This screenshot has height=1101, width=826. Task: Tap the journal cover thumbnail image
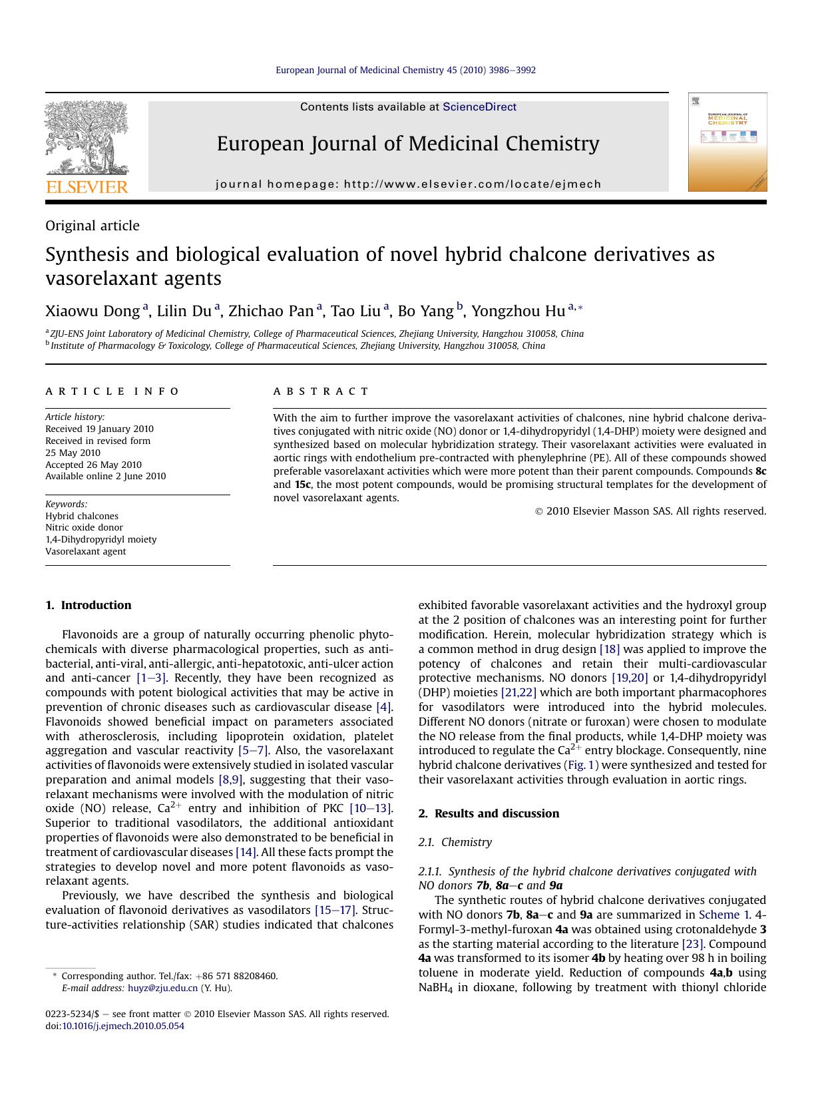click(727, 142)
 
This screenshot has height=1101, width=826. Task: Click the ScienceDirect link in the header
click(479, 107)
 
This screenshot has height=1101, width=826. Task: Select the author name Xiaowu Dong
click(93, 311)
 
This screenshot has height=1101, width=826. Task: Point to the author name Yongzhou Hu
click(518, 311)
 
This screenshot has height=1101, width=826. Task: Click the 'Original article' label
click(93, 226)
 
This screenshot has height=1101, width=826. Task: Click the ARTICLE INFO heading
click(112, 391)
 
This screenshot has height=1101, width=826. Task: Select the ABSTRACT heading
click(321, 391)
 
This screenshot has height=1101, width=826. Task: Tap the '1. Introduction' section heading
click(89, 605)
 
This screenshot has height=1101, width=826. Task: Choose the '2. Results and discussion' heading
click(489, 813)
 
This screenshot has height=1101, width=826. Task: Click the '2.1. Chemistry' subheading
click(455, 842)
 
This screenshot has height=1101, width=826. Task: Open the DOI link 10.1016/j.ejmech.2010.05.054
click(122, 1026)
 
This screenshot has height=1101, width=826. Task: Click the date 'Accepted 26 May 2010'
click(93, 465)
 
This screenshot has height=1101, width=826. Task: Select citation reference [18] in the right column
click(609, 649)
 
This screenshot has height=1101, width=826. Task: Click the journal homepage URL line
click(408, 184)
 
